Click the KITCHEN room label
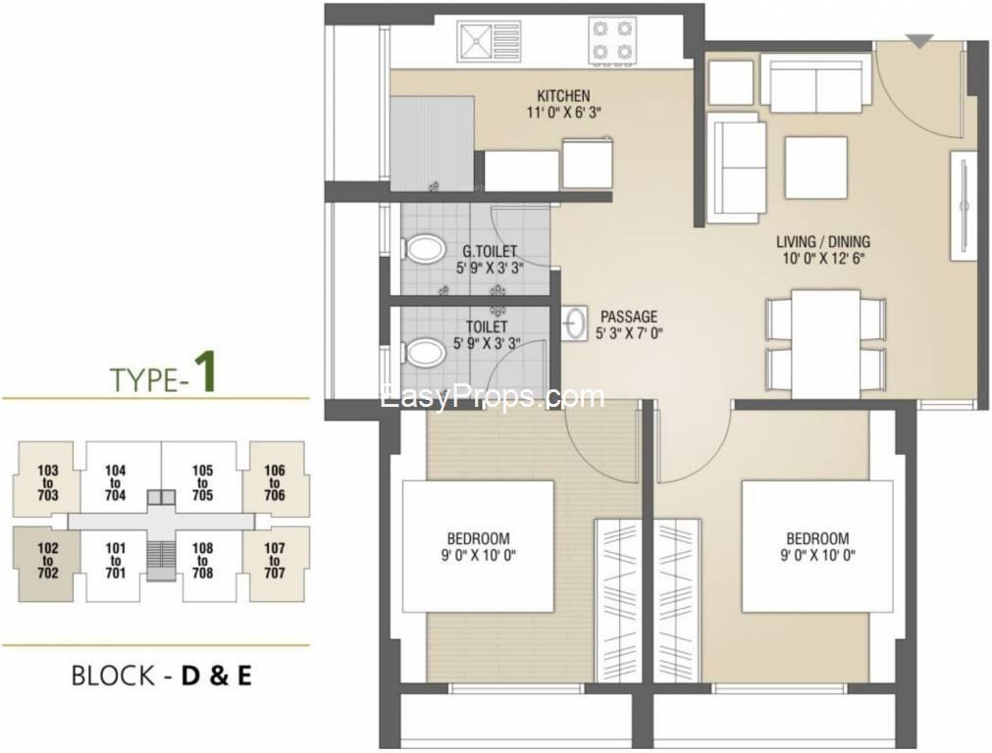(563, 96)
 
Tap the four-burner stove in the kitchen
(611, 40)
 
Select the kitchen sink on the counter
(489, 41)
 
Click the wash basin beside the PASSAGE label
(574, 324)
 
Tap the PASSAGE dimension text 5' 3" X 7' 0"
(628, 333)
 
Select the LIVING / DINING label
(823, 241)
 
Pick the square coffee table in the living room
(815, 168)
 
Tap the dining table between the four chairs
(825, 344)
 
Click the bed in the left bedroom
(478, 546)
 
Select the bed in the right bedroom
(817, 546)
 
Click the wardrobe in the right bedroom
(677, 601)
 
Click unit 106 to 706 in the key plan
(275, 482)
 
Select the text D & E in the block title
(217, 676)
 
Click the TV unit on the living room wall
(963, 206)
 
